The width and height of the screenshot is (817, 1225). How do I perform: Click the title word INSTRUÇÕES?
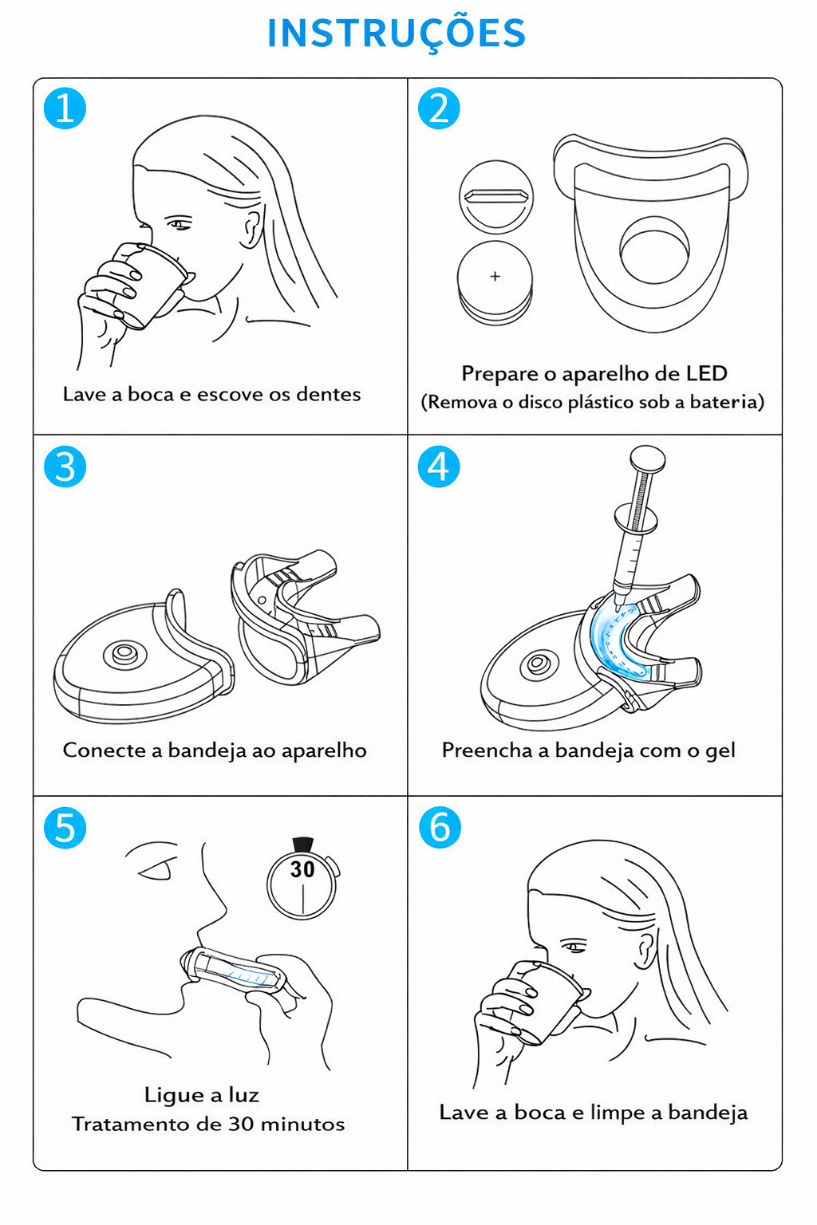click(x=397, y=34)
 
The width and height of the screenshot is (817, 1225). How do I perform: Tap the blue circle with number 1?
click(x=65, y=108)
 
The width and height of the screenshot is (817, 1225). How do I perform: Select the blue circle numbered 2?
click(x=439, y=108)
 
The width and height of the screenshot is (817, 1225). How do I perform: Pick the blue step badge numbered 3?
click(x=65, y=467)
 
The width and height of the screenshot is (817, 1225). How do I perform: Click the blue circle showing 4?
click(x=439, y=467)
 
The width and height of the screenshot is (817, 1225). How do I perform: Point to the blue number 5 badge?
click(x=65, y=827)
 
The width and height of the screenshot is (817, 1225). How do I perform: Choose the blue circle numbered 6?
click(x=440, y=827)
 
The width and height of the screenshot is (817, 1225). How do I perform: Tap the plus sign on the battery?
click(x=495, y=276)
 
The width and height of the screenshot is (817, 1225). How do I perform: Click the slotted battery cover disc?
click(x=495, y=197)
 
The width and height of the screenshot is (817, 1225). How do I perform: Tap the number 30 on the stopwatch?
click(x=302, y=869)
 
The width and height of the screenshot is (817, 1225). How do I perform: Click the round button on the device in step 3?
click(x=125, y=653)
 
